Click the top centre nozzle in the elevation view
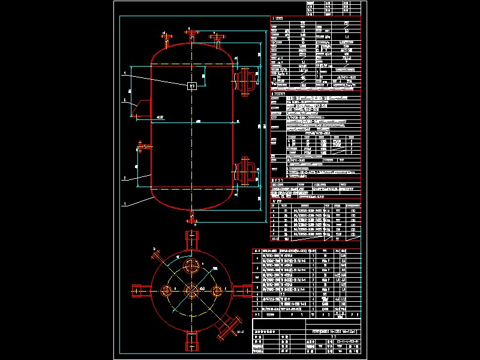191,34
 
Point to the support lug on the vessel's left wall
141,108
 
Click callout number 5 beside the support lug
124,100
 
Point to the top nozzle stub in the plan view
192,238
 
